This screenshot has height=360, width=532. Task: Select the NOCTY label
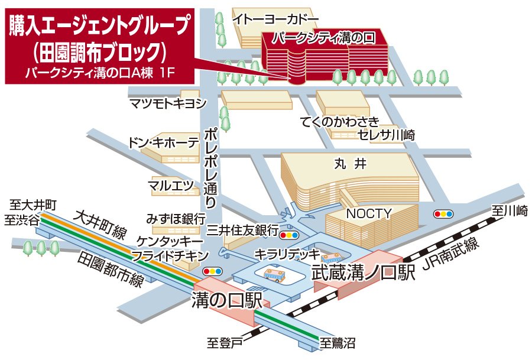click(369, 213)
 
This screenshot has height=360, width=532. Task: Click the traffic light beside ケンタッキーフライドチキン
click(212, 271)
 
